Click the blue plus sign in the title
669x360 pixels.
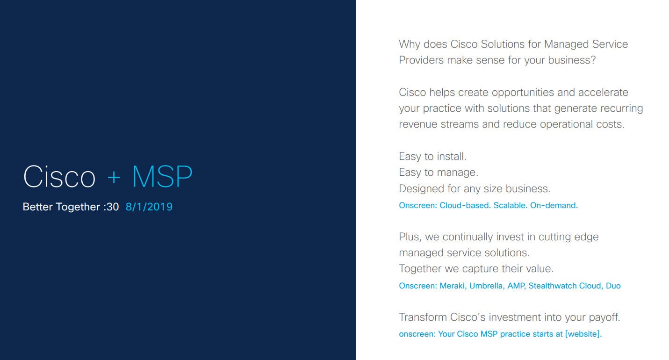tap(114, 178)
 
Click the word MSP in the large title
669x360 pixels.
tap(162, 177)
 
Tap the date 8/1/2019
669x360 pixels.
tap(149, 207)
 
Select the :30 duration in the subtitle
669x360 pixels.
tap(111, 207)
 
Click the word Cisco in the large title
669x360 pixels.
tap(59, 177)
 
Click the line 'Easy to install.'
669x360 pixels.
tap(432, 157)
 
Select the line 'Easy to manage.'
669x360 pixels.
tap(439, 173)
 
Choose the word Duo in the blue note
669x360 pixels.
tap(613, 286)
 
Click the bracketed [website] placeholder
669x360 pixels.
tap(583, 334)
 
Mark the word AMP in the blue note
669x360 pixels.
tap(517, 286)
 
